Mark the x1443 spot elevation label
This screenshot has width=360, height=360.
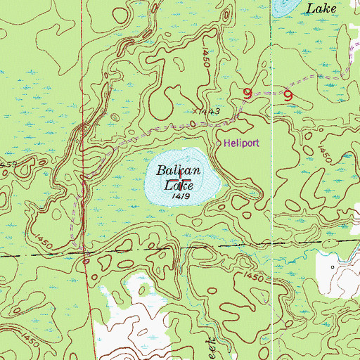click(206, 112)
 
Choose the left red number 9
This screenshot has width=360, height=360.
click(247, 93)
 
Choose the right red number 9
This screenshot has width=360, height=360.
click(288, 94)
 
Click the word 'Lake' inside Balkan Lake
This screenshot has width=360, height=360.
click(179, 186)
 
